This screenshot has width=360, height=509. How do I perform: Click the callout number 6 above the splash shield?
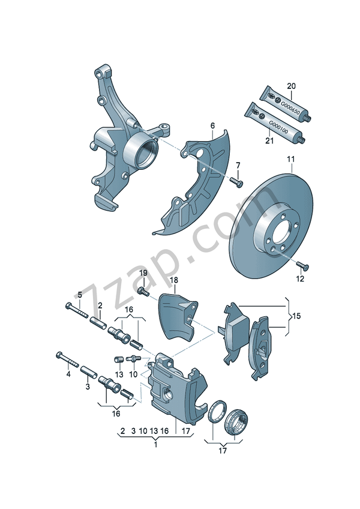(212, 125)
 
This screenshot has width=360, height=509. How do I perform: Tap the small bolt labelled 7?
(235, 179)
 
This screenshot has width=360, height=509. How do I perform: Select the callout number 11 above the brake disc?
(290, 159)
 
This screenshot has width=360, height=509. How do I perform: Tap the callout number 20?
(292, 86)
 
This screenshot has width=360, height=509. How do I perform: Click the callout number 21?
(269, 141)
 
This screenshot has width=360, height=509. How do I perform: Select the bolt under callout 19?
(143, 292)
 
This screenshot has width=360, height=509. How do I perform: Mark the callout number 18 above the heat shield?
(173, 280)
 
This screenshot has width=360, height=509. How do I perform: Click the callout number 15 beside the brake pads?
(296, 315)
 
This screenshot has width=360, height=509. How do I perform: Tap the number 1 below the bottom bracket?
(155, 445)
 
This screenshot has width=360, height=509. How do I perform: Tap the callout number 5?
(79, 294)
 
